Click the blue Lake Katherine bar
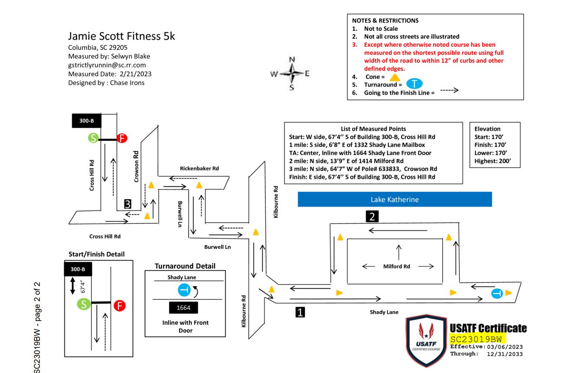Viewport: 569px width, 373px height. pyautogui.click(x=395, y=200)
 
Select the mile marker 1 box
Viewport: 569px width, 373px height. pyautogui.click(x=300, y=311)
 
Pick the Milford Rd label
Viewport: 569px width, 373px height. pyautogui.click(x=396, y=266)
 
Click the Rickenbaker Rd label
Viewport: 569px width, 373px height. pyautogui.click(x=200, y=168)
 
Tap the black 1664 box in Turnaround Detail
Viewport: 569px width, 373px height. pyautogui.click(x=183, y=308)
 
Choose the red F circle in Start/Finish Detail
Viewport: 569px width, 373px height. pyautogui.click(x=119, y=305)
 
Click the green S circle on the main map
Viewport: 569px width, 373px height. pyautogui.click(x=93, y=138)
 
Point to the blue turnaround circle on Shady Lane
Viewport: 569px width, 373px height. pyautogui.click(x=497, y=294)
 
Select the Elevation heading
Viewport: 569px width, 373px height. pyautogui.click(x=487, y=129)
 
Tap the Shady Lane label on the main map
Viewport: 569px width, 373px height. pyautogui.click(x=384, y=312)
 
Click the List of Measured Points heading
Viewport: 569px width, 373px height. pyautogui.click(x=373, y=129)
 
